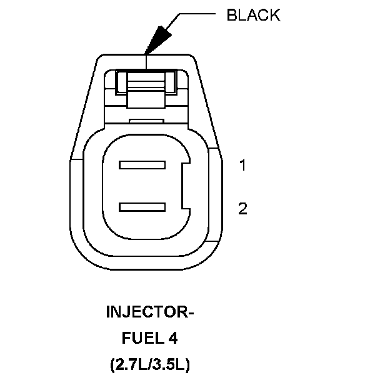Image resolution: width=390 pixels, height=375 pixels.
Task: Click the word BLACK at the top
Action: point(253,16)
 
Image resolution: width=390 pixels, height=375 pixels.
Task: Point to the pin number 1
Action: point(242,166)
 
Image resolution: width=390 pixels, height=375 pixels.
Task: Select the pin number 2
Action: point(242,209)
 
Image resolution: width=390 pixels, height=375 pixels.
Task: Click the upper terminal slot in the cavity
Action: point(142,166)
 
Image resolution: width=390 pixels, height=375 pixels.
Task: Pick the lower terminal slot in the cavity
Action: point(142,207)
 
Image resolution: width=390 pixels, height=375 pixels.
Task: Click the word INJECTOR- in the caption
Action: point(150,312)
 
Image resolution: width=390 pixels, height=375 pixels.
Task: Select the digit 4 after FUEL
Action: point(172,338)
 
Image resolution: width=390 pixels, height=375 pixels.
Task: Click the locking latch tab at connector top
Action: point(146,81)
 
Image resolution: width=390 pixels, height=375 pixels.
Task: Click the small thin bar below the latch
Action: point(146,119)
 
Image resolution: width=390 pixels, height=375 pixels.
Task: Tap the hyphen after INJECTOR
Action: point(191,313)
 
